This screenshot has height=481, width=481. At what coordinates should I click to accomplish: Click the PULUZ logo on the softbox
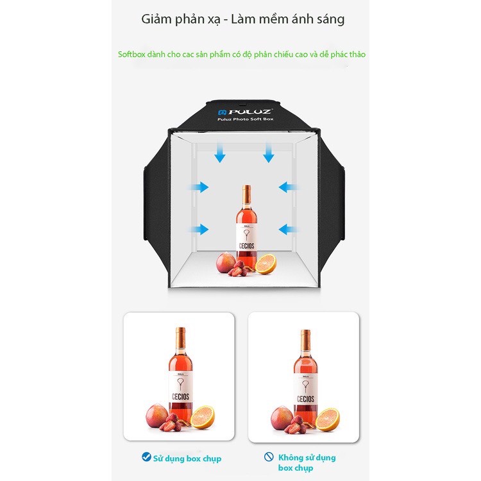coord(244,112)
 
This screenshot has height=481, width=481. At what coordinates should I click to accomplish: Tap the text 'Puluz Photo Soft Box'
coord(246,119)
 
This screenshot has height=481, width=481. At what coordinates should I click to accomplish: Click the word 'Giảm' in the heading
coord(156,19)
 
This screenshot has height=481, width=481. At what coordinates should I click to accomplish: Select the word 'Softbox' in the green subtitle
coord(131,55)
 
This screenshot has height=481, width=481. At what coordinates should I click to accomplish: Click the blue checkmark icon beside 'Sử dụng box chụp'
coord(146,457)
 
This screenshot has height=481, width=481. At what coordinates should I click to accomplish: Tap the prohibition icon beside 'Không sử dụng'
coord(269,457)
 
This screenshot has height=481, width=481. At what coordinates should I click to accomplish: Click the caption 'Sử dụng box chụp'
coord(187,459)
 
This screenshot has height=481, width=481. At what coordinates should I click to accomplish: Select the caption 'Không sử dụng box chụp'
coord(307,462)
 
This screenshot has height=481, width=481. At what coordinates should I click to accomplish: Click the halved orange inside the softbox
coord(266,264)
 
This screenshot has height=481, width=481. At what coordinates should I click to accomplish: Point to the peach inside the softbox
coord(226,262)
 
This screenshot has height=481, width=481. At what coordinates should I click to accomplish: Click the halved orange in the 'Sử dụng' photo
coord(203,418)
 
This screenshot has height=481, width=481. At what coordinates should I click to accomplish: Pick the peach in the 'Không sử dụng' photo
coord(282,418)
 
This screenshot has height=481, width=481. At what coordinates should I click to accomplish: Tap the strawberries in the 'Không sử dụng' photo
coord(297,425)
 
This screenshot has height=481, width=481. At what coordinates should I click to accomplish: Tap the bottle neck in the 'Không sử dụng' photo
coord(305,341)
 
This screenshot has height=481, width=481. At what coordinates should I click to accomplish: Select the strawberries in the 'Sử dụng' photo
coord(173,423)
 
